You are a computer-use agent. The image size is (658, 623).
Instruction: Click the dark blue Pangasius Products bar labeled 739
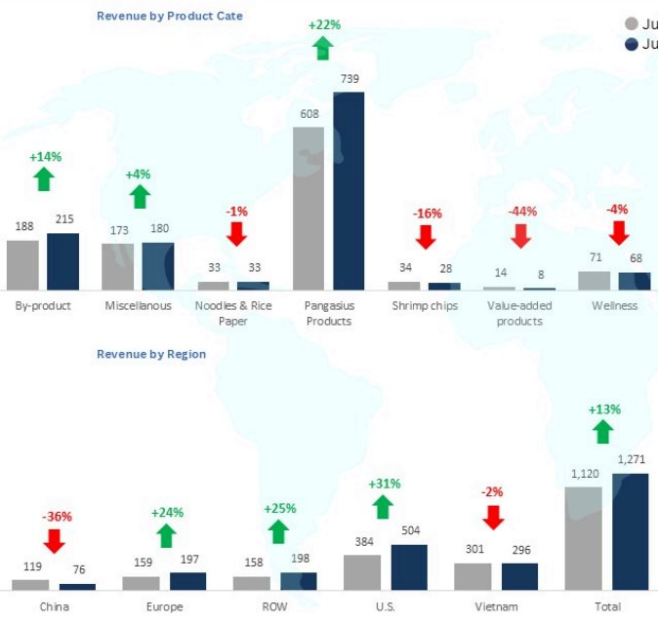coord(349,191)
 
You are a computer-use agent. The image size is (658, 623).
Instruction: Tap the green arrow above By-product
coord(43,178)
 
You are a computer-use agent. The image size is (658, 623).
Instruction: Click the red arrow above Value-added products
coord(520,235)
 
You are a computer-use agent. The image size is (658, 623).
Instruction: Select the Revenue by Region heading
coord(151,354)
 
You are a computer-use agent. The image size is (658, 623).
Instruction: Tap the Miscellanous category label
coord(138,305)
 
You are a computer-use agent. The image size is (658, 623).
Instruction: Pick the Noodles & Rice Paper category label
coord(233,313)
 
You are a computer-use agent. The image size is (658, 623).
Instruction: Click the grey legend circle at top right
coord(631,23)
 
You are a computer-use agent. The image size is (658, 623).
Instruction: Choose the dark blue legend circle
coord(631,45)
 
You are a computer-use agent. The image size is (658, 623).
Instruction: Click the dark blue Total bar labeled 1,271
coord(630,531)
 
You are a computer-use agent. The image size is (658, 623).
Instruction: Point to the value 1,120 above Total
coord(583,474)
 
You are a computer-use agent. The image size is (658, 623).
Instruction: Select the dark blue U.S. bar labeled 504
coord(409,566)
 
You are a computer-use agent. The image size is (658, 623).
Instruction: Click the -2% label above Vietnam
coord(494,492)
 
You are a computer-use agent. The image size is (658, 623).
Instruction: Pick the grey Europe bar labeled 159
coord(141,582)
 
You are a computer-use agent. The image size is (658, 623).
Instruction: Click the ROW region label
coord(276,607)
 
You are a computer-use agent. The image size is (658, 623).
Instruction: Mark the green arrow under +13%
coord(603,432)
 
